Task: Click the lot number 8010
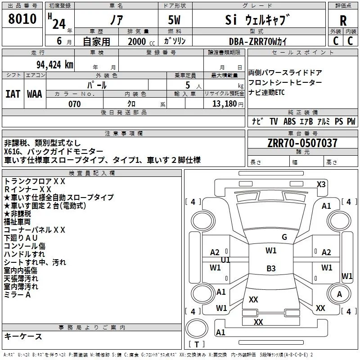(x=22, y=19)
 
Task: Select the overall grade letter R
(x=343, y=20)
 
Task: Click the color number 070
(x=74, y=104)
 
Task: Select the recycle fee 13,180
(x=224, y=104)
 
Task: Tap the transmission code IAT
(x=13, y=94)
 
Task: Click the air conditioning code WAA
(x=35, y=94)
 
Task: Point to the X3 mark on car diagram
(x=321, y=184)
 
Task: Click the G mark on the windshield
(x=284, y=237)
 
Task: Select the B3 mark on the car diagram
(x=271, y=269)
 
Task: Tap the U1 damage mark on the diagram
(x=225, y=260)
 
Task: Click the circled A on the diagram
(x=340, y=294)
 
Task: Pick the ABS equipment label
(x=290, y=121)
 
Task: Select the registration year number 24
(x=59, y=23)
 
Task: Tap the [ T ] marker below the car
(x=197, y=345)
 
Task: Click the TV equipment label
(x=274, y=121)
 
